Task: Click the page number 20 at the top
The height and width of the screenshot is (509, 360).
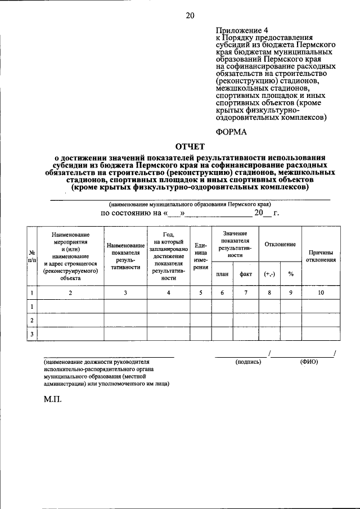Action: click(x=190, y=16)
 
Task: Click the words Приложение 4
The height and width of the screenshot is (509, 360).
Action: click(x=239, y=30)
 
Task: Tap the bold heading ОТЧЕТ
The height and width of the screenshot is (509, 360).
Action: click(x=191, y=147)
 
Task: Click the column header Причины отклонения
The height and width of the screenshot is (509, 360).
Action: click(x=321, y=256)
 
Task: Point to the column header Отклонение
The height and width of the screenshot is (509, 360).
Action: click(x=281, y=244)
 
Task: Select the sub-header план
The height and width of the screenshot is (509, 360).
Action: click(x=222, y=274)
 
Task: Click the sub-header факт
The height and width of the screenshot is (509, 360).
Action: click(x=245, y=274)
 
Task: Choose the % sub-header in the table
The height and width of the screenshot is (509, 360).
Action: click(x=291, y=274)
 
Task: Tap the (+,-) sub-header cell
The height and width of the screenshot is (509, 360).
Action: click(x=269, y=274)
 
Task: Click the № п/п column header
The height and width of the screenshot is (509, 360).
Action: click(x=33, y=256)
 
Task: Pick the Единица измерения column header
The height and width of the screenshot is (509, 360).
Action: click(x=201, y=256)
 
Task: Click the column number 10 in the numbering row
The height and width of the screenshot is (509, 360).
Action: click(x=321, y=292)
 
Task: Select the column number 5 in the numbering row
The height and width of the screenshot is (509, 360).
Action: click(x=201, y=292)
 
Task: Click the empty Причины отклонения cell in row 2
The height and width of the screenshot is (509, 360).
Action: click(x=321, y=320)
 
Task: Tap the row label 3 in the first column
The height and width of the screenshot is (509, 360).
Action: click(x=33, y=334)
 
